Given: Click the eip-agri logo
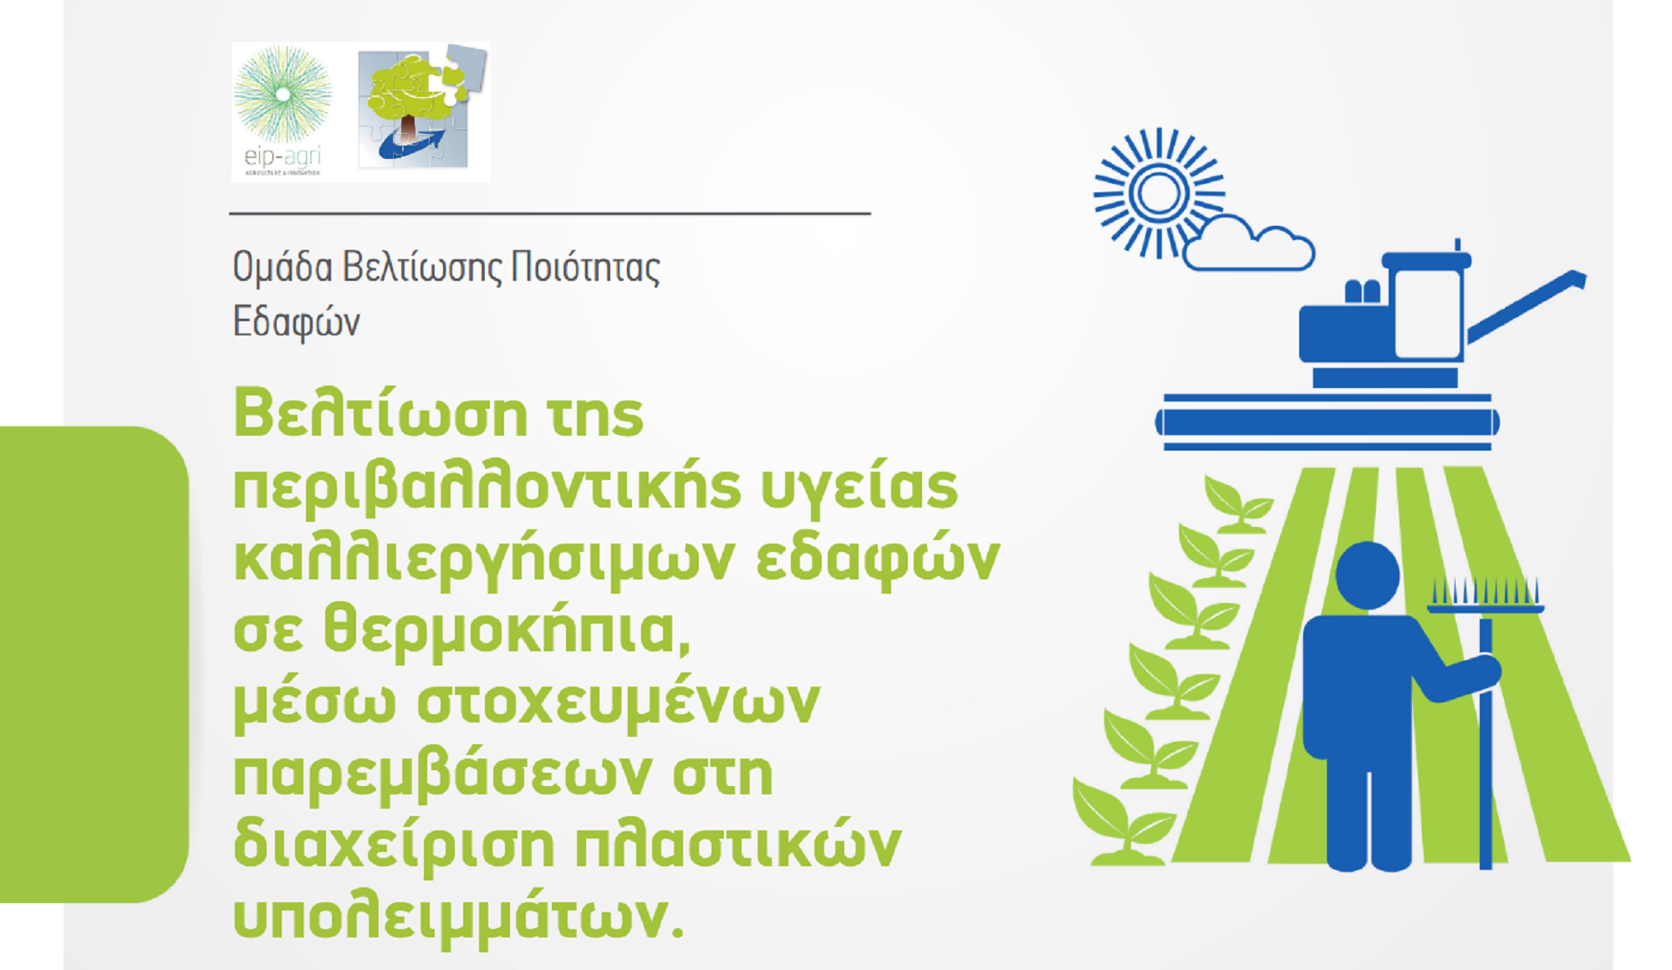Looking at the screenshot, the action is click(283, 111).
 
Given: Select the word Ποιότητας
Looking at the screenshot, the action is click(585, 267).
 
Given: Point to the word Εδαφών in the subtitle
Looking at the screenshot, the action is click(296, 323).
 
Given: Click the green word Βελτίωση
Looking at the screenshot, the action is click(380, 413).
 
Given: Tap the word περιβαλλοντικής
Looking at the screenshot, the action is click(487, 488).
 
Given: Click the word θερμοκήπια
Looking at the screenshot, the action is click(507, 630).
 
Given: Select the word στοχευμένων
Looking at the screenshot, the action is click(618, 703).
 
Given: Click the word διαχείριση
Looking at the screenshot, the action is click(394, 845).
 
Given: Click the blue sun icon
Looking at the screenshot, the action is click(1158, 193).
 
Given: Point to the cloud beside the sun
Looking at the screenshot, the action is click(1248, 244).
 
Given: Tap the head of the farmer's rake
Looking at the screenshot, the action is click(1485, 595).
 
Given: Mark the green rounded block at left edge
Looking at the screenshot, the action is click(94, 664).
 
